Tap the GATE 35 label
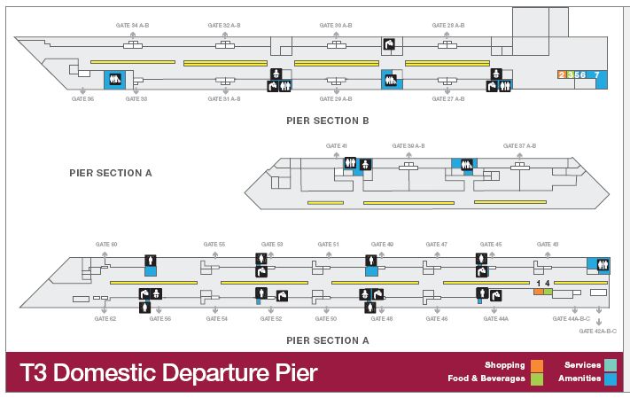pyautogui.click(x=82, y=98)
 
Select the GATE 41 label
pyautogui.click(x=337, y=145)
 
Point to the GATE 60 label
pyautogui.click(x=106, y=244)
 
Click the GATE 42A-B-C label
pyautogui.click(x=598, y=331)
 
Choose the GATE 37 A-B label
pyautogui.click(x=521, y=145)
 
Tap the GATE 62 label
pyautogui.click(x=105, y=317)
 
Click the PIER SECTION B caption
pyautogui.click(x=327, y=120)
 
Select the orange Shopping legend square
pyautogui.click(x=537, y=364)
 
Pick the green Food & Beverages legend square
pyautogui.click(x=537, y=378)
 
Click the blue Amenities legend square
pyautogui.click(x=611, y=378)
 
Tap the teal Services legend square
pyautogui.click(x=611, y=364)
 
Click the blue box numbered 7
pyautogui.click(x=597, y=75)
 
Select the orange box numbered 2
pyautogui.click(x=561, y=75)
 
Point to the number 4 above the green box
pyautogui.click(x=548, y=283)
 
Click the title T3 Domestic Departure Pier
pyautogui.click(x=167, y=372)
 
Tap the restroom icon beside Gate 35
pyautogui.click(x=114, y=79)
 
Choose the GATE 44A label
pyautogui.click(x=496, y=317)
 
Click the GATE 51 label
pyautogui.click(x=329, y=244)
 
